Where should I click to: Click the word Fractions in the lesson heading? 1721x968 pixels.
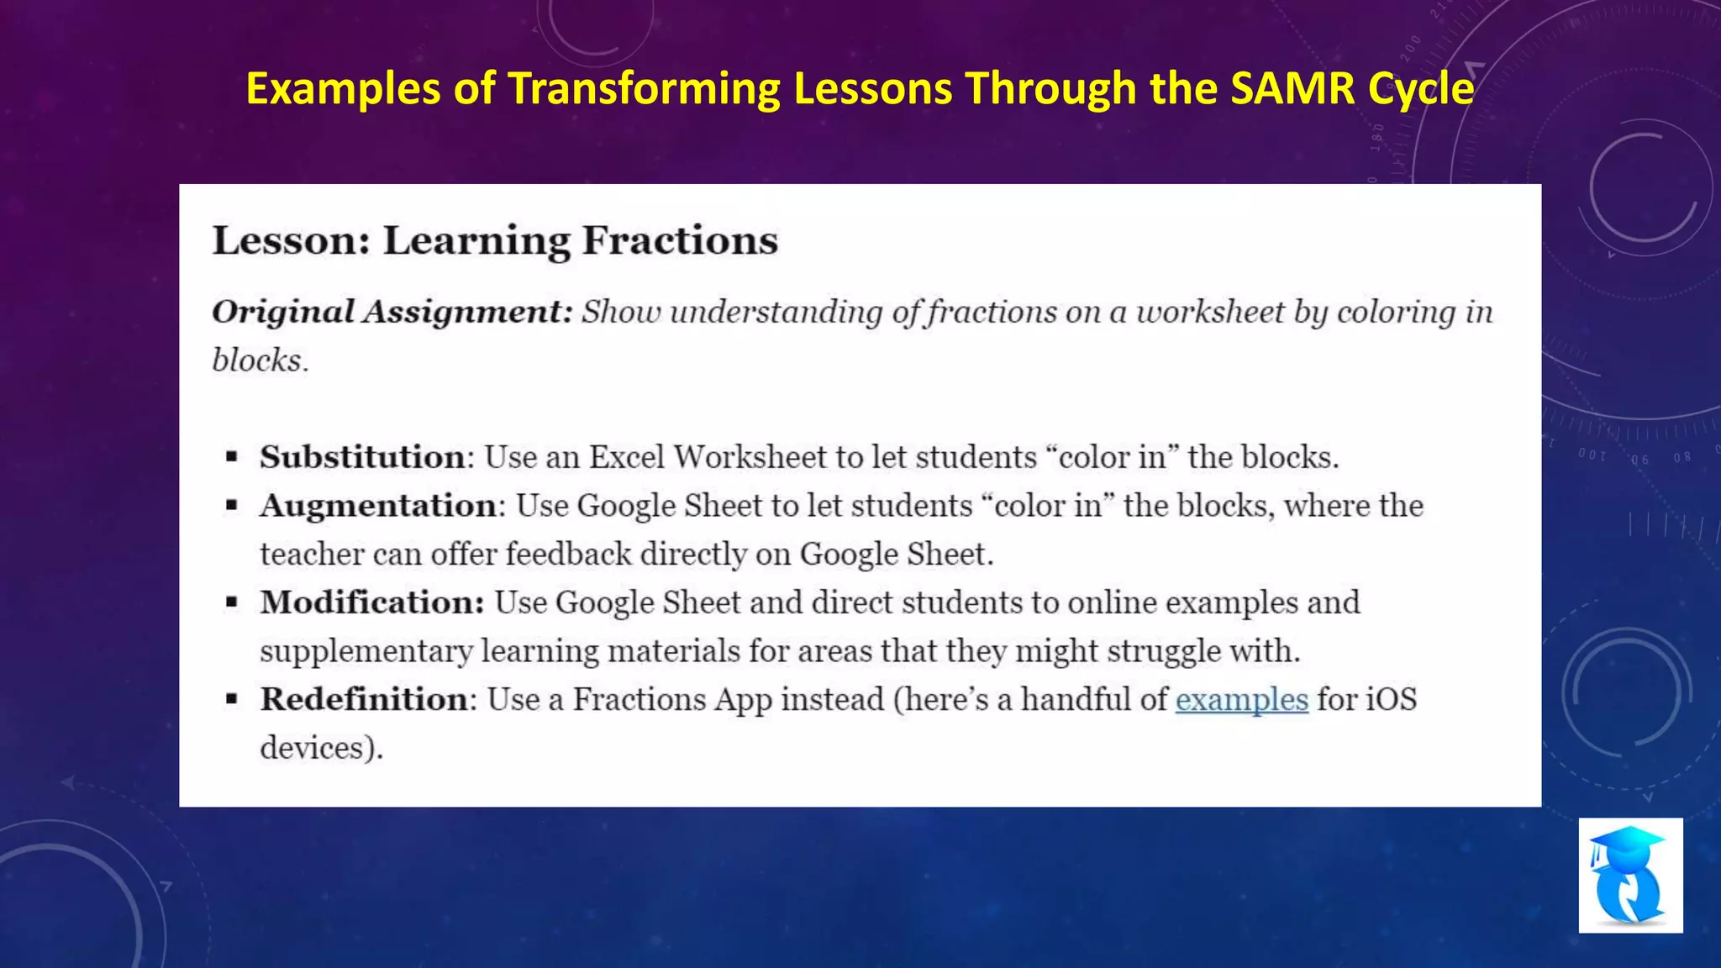pyautogui.click(x=680, y=241)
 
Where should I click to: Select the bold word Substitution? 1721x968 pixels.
pyautogui.click(x=362, y=457)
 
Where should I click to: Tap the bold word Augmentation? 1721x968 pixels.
pyautogui.click(x=378, y=506)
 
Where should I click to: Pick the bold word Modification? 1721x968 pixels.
pyautogui.click(x=371, y=602)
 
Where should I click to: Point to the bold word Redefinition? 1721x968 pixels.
pyautogui.click(x=363, y=699)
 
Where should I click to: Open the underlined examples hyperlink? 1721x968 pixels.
pyautogui.click(x=1241, y=699)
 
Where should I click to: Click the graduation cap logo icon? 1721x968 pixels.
pyautogui.click(x=1630, y=875)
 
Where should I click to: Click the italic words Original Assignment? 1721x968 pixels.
pyautogui.click(x=391, y=312)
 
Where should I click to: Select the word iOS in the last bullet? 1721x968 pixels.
pyautogui.click(x=1391, y=699)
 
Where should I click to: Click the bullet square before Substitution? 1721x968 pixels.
pyautogui.click(x=232, y=458)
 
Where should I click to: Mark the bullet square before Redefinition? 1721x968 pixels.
pyautogui.click(x=232, y=700)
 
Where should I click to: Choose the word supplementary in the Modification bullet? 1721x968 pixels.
pyautogui.click(x=366, y=651)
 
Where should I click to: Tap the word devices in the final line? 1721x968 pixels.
pyautogui.click(x=313, y=748)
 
